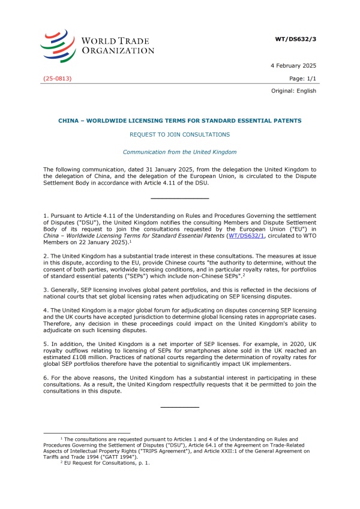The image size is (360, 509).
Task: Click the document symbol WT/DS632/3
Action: (295, 38)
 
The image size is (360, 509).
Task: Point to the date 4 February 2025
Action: (295, 65)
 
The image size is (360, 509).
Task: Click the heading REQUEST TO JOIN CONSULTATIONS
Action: (179, 135)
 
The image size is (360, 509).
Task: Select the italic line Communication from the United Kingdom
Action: (179, 152)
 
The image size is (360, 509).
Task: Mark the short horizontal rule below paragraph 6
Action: (179, 408)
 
